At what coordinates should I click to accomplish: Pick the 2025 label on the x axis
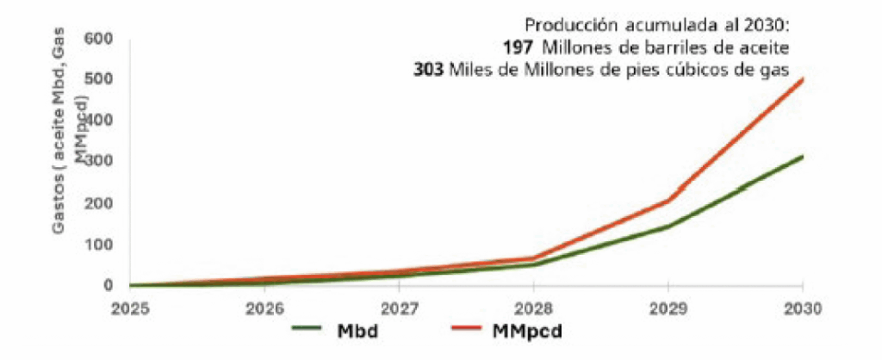129,307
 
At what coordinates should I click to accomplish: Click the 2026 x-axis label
264,307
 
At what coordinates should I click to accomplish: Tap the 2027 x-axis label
399,307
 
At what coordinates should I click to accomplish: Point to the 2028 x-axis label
534,307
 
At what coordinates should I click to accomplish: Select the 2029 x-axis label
668,307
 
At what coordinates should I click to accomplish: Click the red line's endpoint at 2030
803,79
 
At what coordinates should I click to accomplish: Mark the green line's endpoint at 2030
803,157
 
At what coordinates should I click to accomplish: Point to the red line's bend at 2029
668,201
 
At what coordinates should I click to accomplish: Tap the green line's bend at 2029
668,227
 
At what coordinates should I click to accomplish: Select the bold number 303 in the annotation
429,69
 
